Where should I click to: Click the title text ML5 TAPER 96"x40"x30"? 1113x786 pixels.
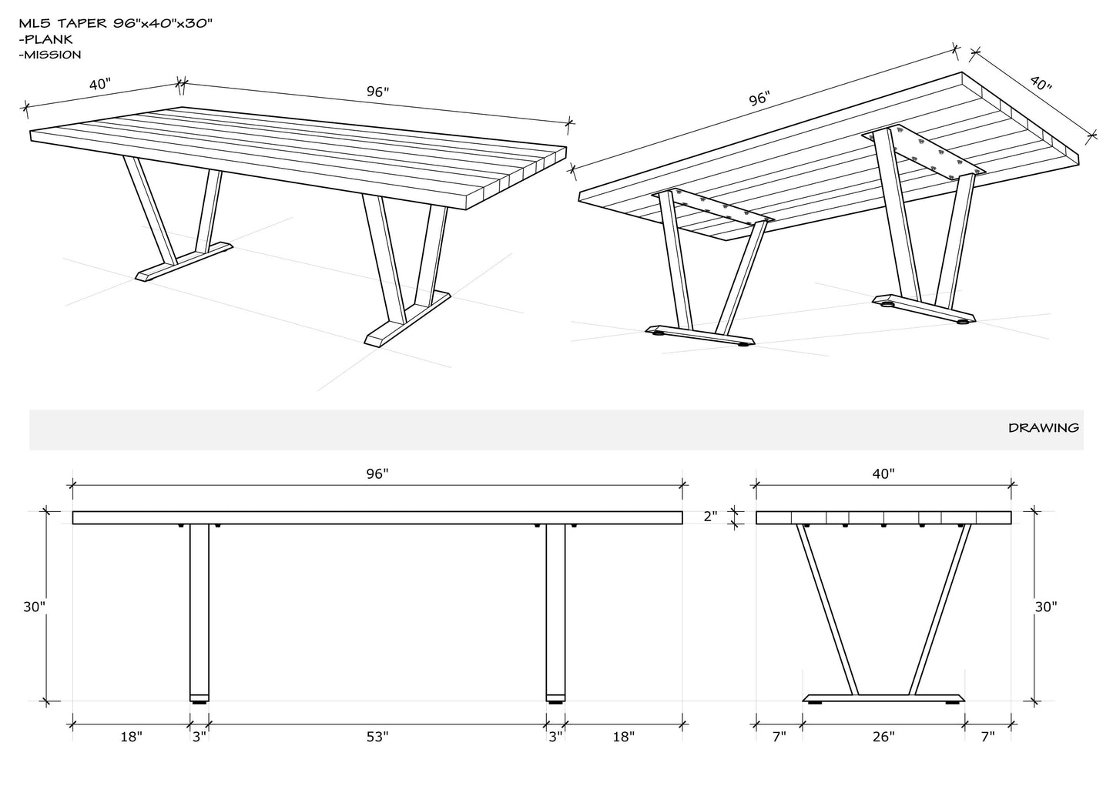(116, 23)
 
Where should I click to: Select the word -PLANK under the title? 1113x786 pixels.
(47, 39)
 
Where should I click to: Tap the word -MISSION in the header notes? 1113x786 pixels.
(51, 55)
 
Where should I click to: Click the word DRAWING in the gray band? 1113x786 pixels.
(1044, 428)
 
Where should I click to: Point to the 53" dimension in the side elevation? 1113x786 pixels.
(377, 737)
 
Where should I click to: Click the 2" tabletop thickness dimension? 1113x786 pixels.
(710, 517)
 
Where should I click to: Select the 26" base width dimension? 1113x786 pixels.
(883, 737)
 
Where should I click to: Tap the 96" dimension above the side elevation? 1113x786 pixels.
(377, 473)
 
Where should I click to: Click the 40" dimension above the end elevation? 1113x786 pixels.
(883, 473)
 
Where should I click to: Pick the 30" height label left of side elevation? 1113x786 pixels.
(34, 607)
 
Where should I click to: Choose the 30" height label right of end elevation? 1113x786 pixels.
(1046, 607)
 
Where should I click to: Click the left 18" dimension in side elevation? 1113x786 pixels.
(132, 737)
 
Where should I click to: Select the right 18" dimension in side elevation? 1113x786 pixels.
(623, 737)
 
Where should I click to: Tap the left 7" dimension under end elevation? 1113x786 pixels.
(779, 737)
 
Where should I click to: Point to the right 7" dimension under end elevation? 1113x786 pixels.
(987, 737)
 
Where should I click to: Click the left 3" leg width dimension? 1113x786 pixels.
(199, 737)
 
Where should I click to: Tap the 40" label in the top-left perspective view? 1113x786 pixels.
(99, 85)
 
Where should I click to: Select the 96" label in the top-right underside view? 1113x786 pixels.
(759, 99)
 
